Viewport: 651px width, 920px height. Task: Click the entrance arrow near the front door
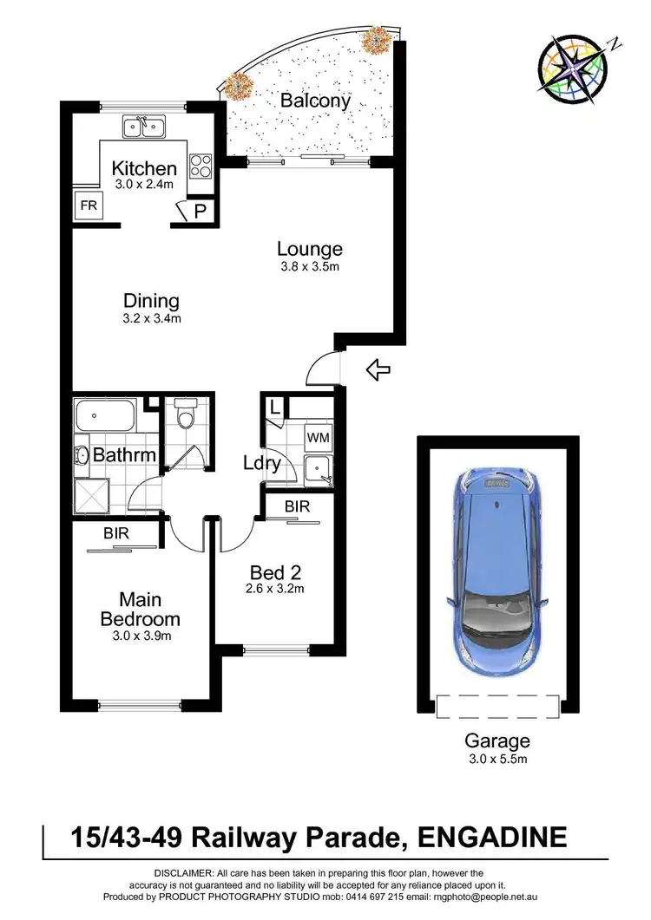(x=378, y=371)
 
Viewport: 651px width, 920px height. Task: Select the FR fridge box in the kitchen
(x=89, y=206)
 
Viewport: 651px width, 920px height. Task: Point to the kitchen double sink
(x=144, y=127)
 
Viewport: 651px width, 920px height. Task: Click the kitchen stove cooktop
(x=201, y=165)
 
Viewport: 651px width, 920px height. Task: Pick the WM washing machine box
(x=318, y=438)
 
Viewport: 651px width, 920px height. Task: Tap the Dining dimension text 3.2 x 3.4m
(x=151, y=319)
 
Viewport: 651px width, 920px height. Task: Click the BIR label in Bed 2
(x=297, y=506)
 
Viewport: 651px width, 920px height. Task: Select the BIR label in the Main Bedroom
(x=115, y=533)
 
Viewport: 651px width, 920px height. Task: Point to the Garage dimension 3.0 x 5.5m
(x=497, y=760)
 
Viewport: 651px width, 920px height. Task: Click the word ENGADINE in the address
(x=492, y=838)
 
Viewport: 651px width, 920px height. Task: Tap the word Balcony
(x=315, y=101)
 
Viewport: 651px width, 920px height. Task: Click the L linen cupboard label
(x=274, y=407)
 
